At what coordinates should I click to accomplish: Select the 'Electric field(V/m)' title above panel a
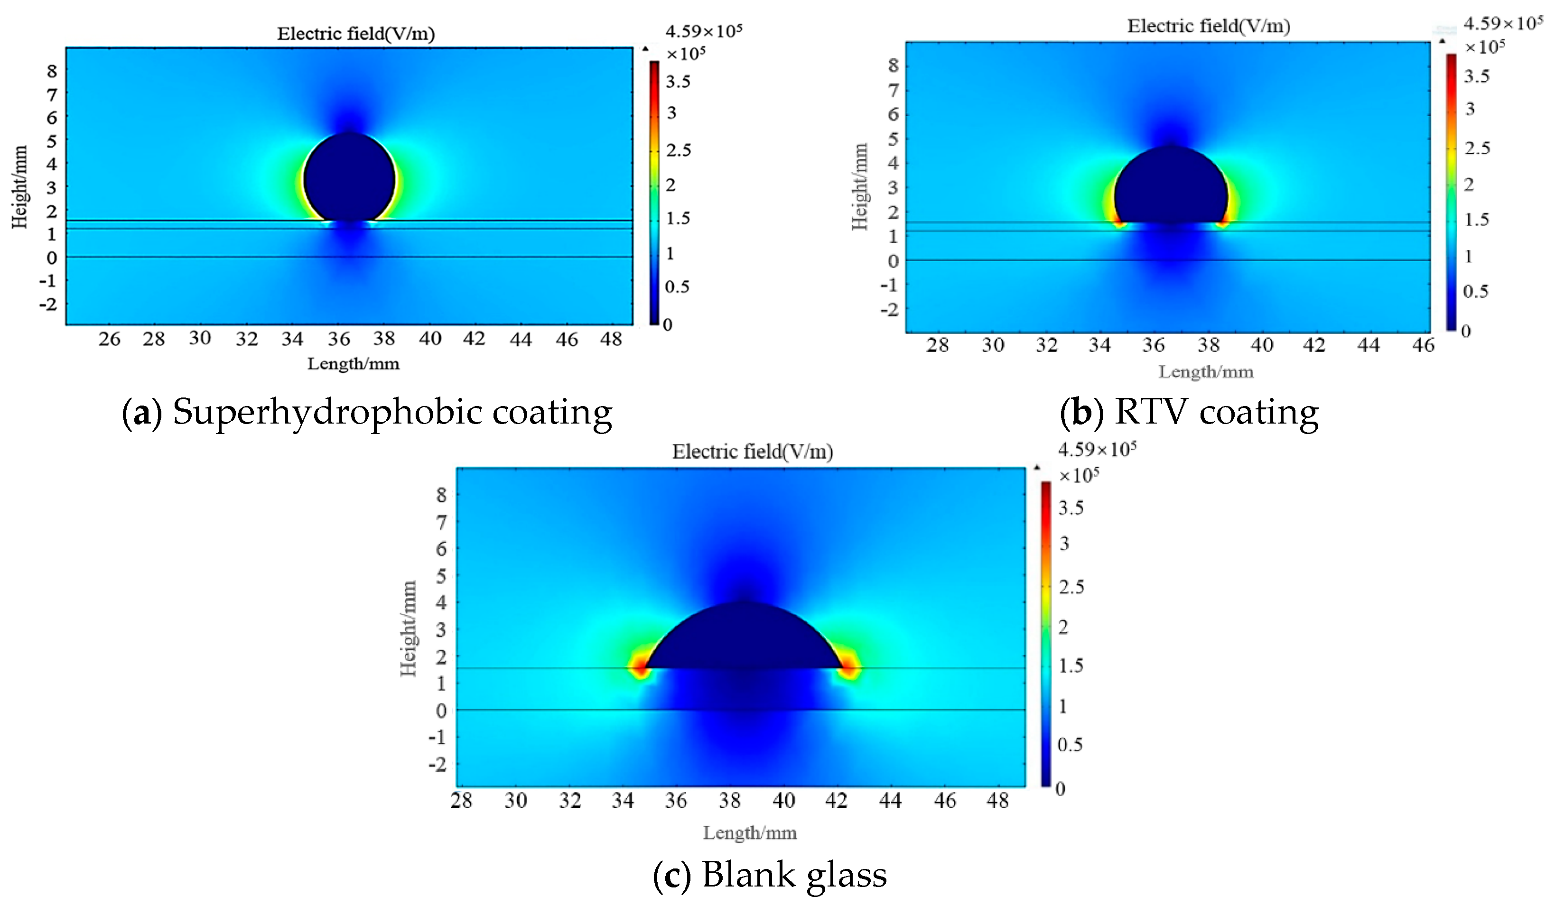click(355, 33)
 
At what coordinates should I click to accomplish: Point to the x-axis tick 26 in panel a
click(109, 339)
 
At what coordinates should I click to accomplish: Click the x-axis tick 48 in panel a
click(611, 339)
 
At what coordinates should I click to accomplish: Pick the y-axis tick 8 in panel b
click(893, 65)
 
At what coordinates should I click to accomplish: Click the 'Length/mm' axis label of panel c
click(750, 833)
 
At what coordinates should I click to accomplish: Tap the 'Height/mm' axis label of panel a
click(20, 187)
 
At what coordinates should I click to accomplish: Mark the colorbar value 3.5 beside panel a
click(678, 82)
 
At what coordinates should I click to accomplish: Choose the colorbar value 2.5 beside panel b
click(1477, 148)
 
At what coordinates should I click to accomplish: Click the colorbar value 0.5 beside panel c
click(1070, 745)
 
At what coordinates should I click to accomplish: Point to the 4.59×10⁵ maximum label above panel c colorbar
click(1097, 449)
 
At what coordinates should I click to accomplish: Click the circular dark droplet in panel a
click(349, 179)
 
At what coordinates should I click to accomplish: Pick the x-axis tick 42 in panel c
click(836, 801)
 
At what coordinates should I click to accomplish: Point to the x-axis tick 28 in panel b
click(937, 345)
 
